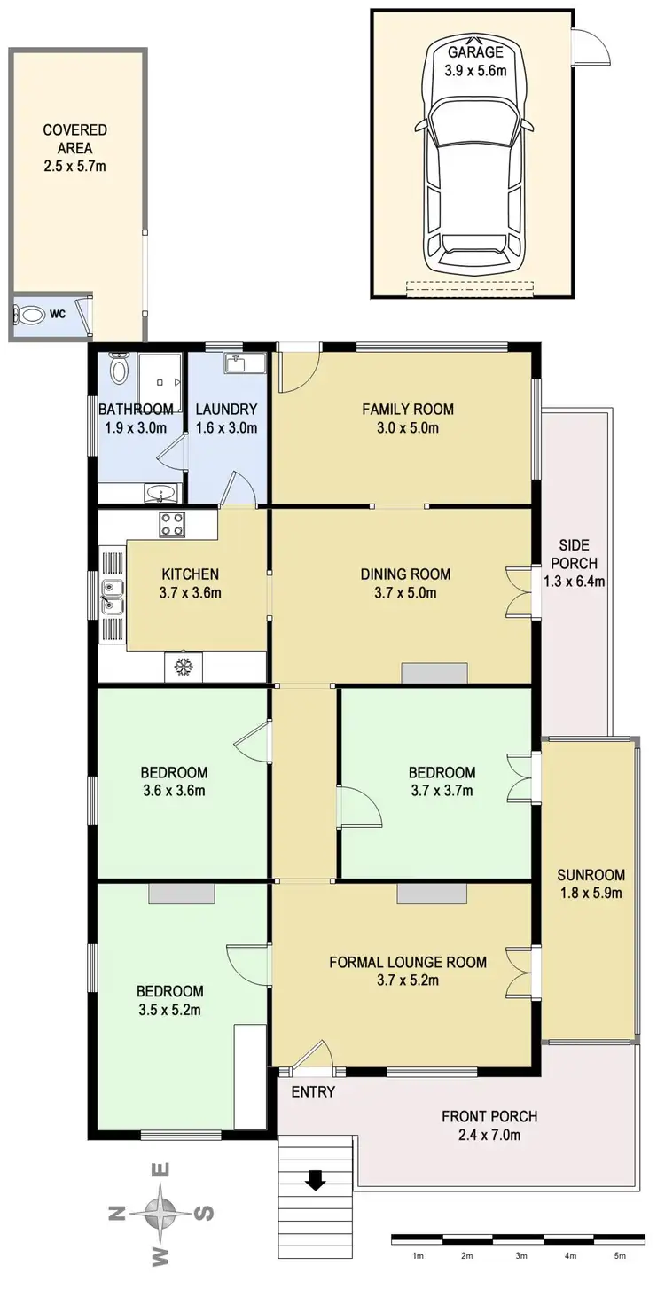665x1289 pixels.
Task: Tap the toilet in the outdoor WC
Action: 31,314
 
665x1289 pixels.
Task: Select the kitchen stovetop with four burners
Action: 170,524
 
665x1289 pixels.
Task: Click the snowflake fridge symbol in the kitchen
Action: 184,666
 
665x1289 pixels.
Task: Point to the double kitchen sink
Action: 112,597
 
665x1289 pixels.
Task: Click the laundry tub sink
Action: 237,363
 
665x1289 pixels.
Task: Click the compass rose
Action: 160,1211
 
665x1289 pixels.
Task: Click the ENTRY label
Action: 313,1091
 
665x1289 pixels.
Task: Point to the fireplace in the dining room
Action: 434,674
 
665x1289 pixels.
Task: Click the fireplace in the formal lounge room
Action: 431,894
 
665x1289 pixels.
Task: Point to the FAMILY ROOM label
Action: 407,409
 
